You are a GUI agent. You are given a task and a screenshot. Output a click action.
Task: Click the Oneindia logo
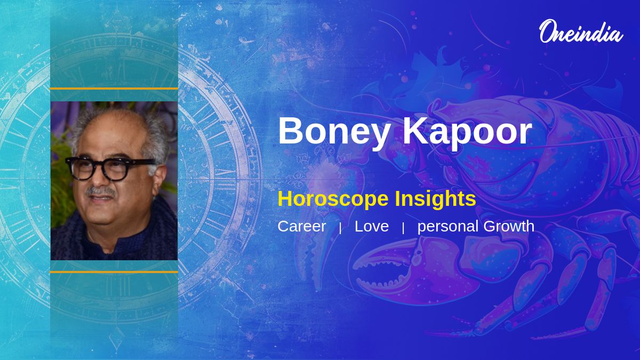(x=581, y=31)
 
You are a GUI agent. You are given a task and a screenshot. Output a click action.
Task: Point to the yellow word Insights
(x=435, y=198)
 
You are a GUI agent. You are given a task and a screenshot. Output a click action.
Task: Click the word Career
(x=302, y=226)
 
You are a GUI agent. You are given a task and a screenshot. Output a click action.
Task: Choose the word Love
(x=372, y=226)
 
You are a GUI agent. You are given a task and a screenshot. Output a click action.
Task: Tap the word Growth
(x=509, y=226)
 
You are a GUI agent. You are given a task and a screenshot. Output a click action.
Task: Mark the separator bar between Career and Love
(x=340, y=228)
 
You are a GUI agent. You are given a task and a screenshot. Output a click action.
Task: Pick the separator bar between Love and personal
(x=403, y=228)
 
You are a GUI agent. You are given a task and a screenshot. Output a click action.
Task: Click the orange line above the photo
(x=114, y=89)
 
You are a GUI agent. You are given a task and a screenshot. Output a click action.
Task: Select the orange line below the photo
(x=114, y=272)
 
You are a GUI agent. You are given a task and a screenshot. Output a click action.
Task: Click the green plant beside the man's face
(x=61, y=183)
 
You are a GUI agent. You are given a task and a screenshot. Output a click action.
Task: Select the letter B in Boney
(x=291, y=131)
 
